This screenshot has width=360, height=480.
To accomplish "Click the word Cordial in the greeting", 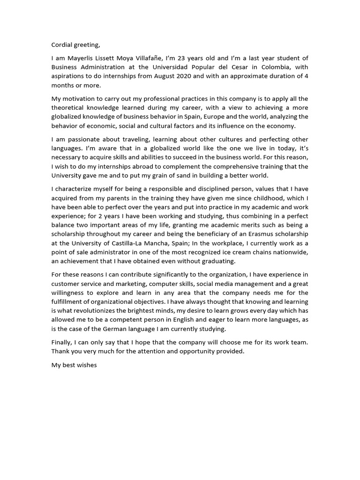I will tap(62, 45).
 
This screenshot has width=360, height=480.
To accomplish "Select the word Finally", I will tap(62, 342).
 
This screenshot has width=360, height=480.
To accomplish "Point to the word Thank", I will tap(60, 351).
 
